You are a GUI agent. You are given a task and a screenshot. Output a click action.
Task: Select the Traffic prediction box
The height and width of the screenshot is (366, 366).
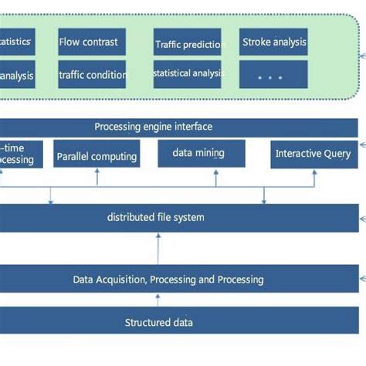[x=188, y=43]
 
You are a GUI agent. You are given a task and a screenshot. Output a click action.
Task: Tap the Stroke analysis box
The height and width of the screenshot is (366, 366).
[x=273, y=42]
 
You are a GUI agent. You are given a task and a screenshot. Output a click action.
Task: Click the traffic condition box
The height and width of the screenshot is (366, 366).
[x=93, y=75]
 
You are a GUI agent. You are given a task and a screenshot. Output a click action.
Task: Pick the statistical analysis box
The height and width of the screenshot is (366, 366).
[x=188, y=74]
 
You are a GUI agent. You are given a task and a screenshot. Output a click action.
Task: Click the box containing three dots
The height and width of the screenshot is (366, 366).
[x=273, y=75]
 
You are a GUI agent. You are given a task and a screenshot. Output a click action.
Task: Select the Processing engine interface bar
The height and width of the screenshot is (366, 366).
[x=154, y=127]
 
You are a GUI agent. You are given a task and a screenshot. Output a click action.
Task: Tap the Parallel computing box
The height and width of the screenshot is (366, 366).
[x=97, y=156]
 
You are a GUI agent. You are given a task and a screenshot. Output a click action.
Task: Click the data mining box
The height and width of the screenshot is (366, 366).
[x=202, y=153]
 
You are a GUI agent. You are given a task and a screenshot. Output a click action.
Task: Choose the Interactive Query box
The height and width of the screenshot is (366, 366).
[x=313, y=154]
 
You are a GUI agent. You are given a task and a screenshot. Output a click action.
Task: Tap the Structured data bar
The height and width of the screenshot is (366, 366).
[x=159, y=322]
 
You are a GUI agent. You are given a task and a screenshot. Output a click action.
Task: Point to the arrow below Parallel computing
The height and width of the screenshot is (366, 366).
[x=97, y=177]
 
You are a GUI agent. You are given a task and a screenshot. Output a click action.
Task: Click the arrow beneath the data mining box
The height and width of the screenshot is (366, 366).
[x=216, y=177]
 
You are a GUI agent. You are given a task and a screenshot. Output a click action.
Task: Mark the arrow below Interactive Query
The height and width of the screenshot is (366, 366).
[x=313, y=177]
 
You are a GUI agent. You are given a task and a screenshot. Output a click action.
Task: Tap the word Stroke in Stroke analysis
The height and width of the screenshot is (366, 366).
[x=257, y=42]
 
